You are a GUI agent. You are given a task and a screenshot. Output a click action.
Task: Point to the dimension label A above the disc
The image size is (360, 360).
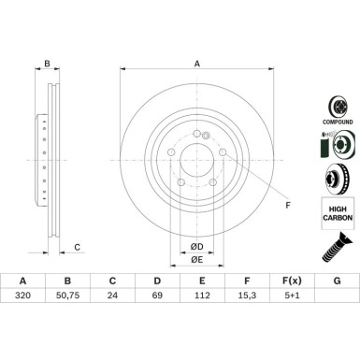pyautogui.click(x=196, y=65)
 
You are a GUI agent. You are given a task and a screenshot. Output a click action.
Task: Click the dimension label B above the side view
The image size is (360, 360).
pyautogui.click(x=47, y=65)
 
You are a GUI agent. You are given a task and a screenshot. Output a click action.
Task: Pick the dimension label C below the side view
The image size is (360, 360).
pyautogui.click(x=78, y=247)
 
